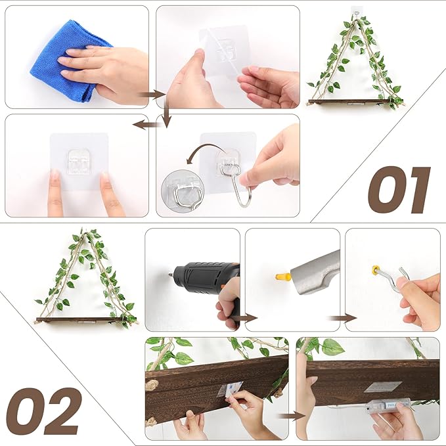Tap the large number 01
click(399, 190)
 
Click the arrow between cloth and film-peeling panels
click(152, 95)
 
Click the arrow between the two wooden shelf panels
click(292, 415)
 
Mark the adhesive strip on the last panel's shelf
click(383, 387)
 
